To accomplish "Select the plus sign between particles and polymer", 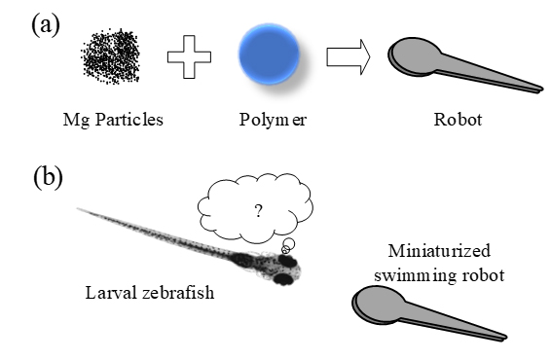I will click(x=195, y=58).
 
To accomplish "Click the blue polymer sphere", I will click(x=271, y=56).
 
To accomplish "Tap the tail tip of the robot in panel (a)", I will click(x=540, y=90).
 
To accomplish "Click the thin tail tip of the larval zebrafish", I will click(x=80, y=208).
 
